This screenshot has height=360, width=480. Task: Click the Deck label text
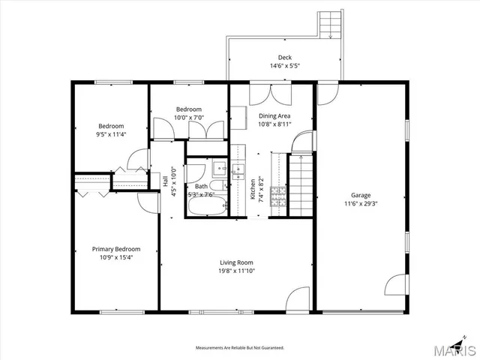coord(285,58)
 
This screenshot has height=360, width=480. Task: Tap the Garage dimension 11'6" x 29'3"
coord(361,203)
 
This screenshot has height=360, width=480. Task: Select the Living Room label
coord(236,262)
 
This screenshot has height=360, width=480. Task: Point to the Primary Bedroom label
coord(115,249)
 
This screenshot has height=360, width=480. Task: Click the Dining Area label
coord(274,115)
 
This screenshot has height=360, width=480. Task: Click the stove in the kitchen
coord(277,196)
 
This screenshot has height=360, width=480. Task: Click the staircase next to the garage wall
coord(300,184)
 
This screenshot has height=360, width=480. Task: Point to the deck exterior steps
coord(329,25)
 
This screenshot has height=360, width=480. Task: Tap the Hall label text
coord(166,181)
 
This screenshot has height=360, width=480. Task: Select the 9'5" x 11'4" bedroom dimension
coord(111,135)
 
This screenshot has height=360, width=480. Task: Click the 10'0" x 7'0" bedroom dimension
coord(188,118)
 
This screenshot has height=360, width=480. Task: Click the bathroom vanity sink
coord(218,167)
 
